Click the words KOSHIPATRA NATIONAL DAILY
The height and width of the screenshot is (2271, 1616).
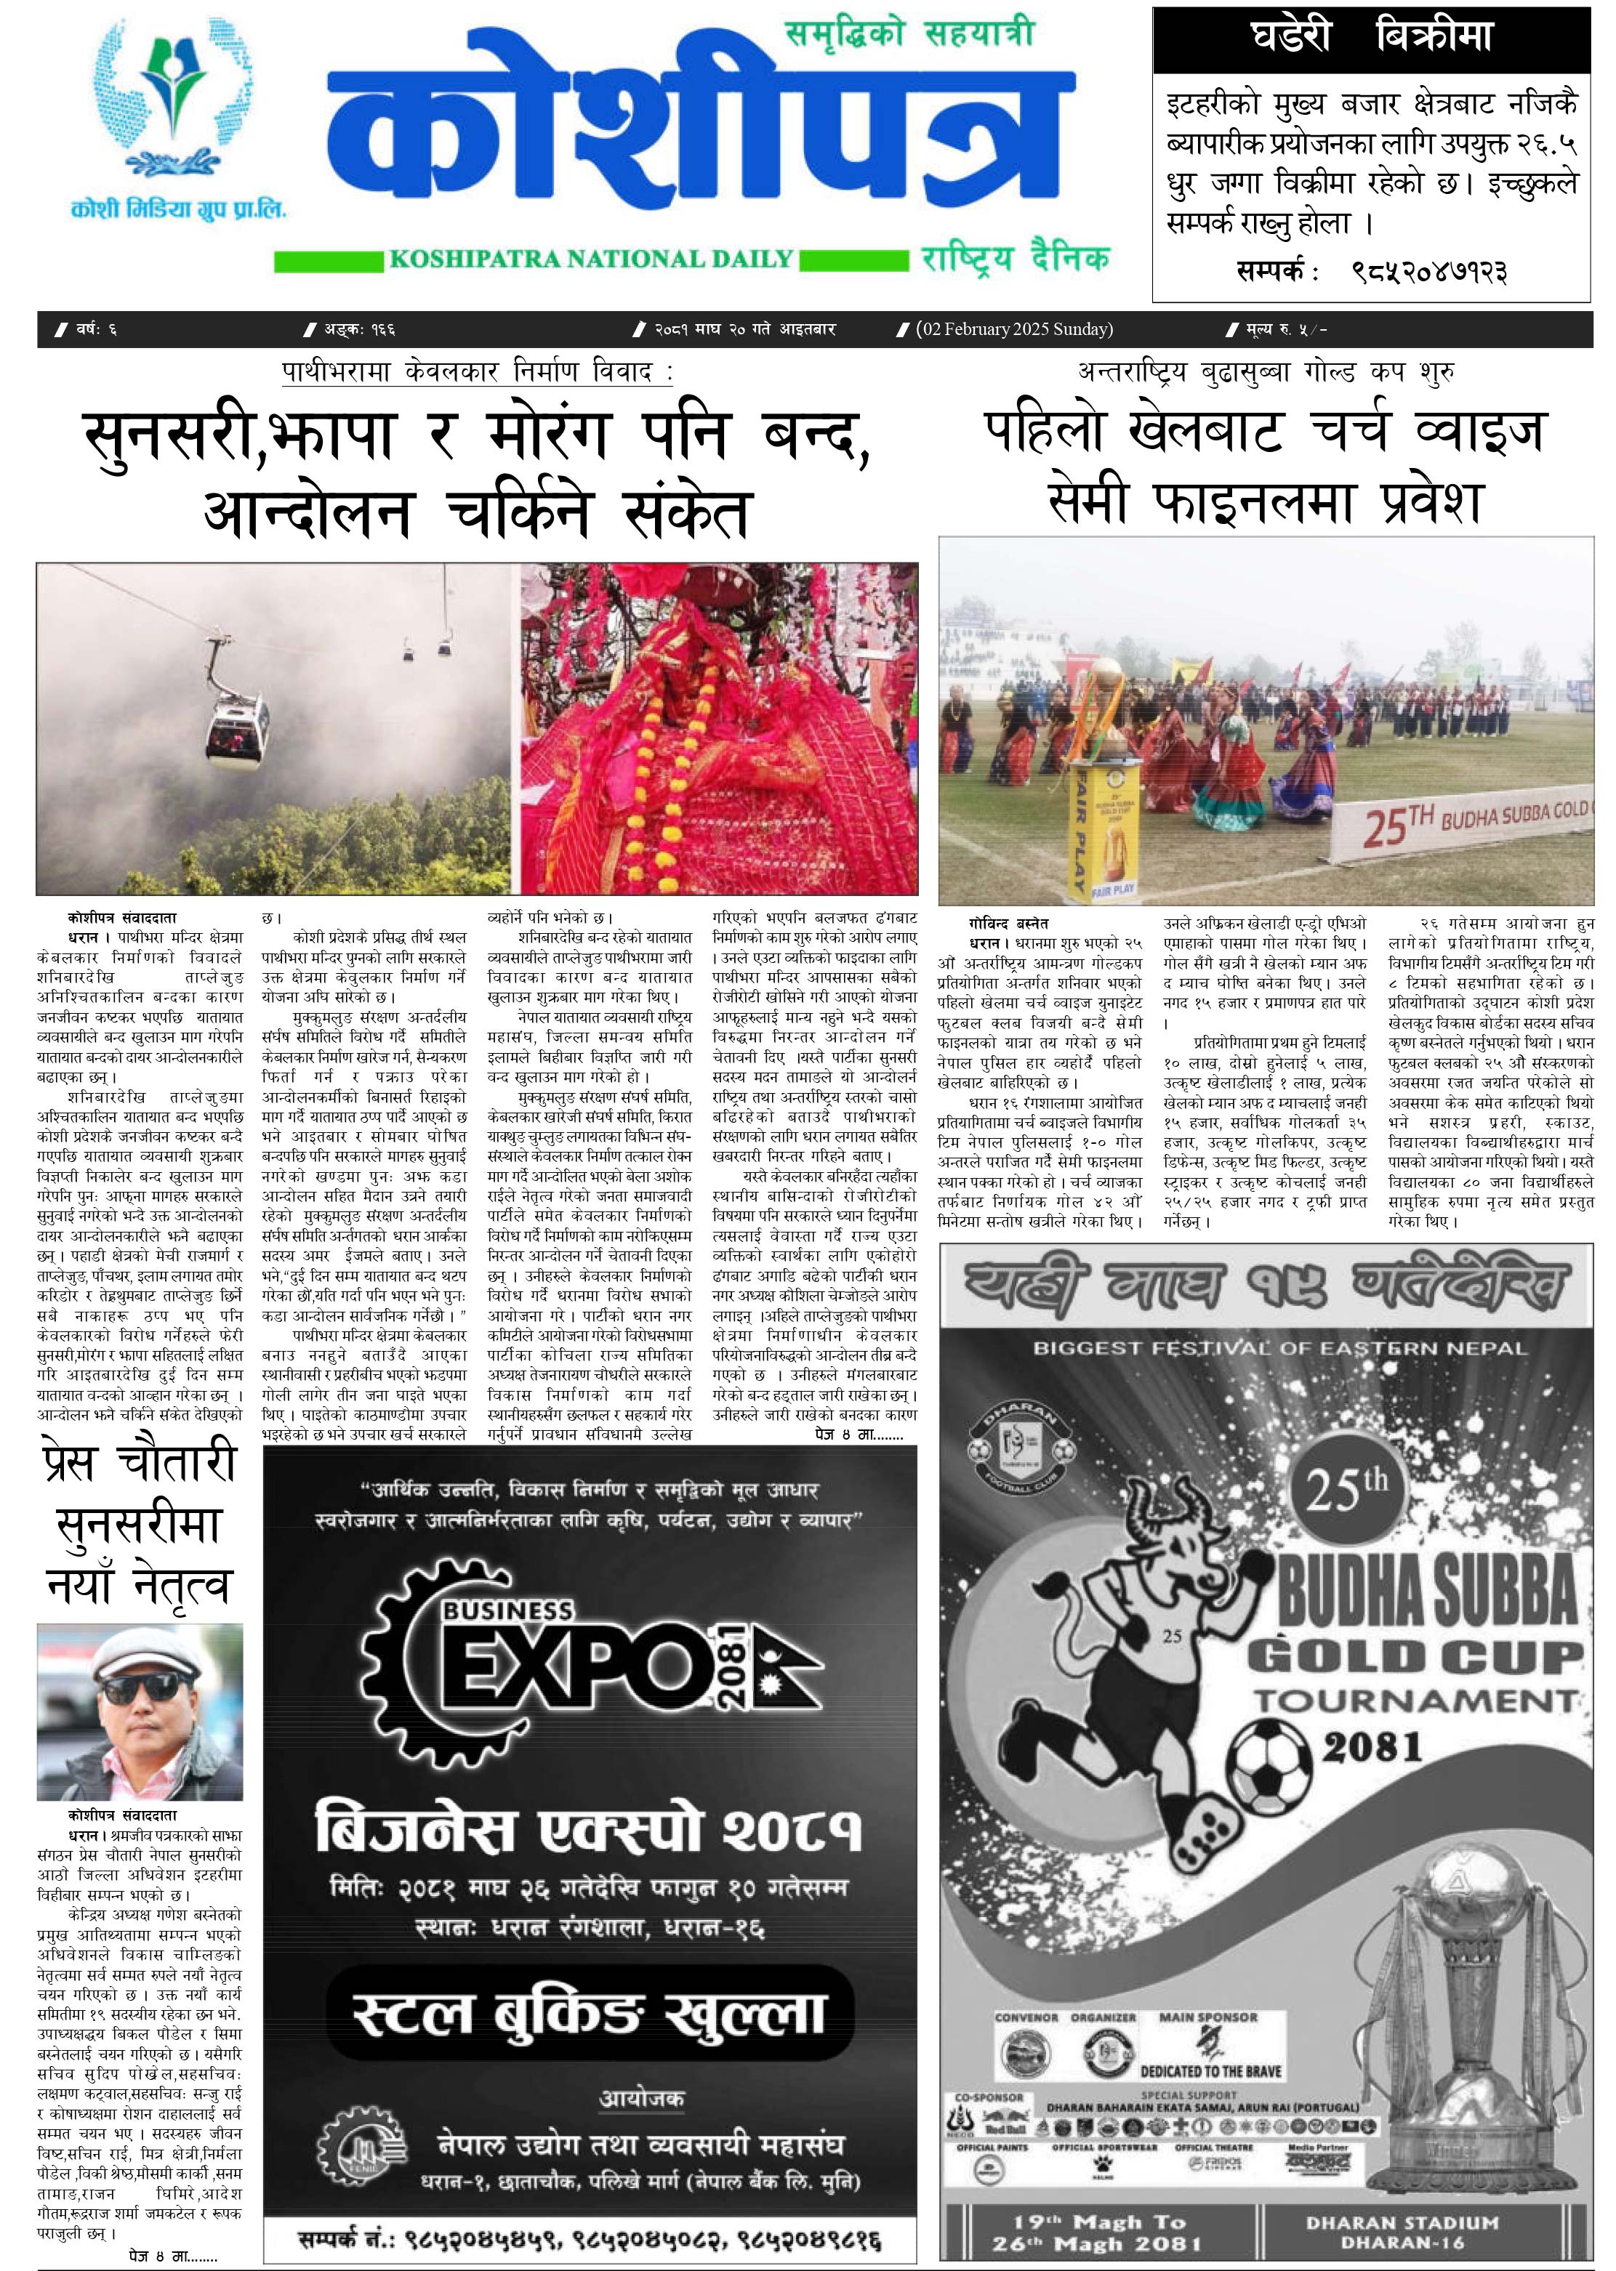pyautogui.click(x=591, y=259)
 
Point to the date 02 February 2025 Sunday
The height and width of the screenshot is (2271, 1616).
pyautogui.click(x=1014, y=329)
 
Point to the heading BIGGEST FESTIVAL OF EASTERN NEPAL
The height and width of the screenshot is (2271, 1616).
pyautogui.click(x=1279, y=1349)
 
